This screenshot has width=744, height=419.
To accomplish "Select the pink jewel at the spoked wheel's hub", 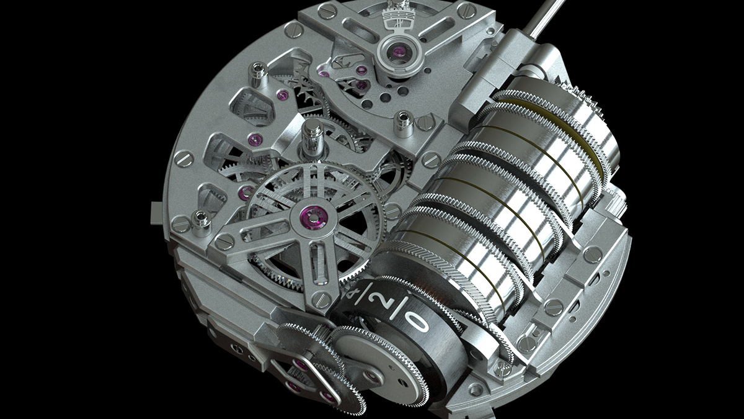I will [x=308, y=216].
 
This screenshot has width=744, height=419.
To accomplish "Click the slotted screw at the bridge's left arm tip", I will [x=224, y=241].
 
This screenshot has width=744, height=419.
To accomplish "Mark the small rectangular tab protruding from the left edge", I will [x=155, y=211].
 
